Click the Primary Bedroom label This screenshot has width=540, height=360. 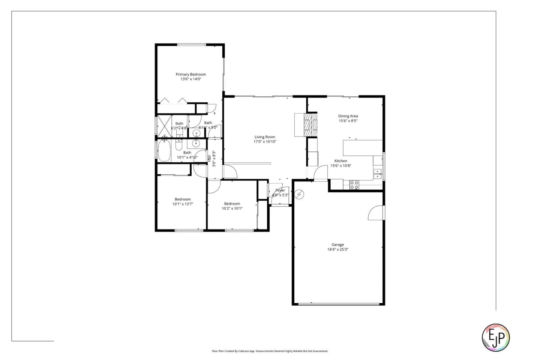pos(190,74)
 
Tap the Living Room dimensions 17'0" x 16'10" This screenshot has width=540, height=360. pos(265,142)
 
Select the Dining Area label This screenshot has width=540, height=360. pos(348,116)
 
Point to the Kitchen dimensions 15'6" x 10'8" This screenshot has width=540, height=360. pos(340,166)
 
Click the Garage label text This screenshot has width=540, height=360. pos(337,244)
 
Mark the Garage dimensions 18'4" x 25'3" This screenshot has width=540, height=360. pos(337,249)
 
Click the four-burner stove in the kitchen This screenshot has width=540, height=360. pos(354,184)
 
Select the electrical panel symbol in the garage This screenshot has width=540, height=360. pos(299,195)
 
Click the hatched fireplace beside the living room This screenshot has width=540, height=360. pos(310,124)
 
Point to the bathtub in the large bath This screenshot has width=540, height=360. pos(164,151)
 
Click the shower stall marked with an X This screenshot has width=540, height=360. pos(164,125)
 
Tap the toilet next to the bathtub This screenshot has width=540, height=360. pos(179,145)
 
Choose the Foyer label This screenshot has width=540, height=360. pos(280,190)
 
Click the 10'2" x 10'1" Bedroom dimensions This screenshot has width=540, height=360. pos(232,208)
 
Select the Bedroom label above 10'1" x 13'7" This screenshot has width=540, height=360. pos(183,199)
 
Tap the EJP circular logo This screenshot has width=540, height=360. pos(495,337)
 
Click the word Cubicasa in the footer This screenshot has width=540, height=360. pos(244,351)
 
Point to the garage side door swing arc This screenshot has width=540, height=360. pos(375,213)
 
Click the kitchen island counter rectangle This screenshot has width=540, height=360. pos(363,148)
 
